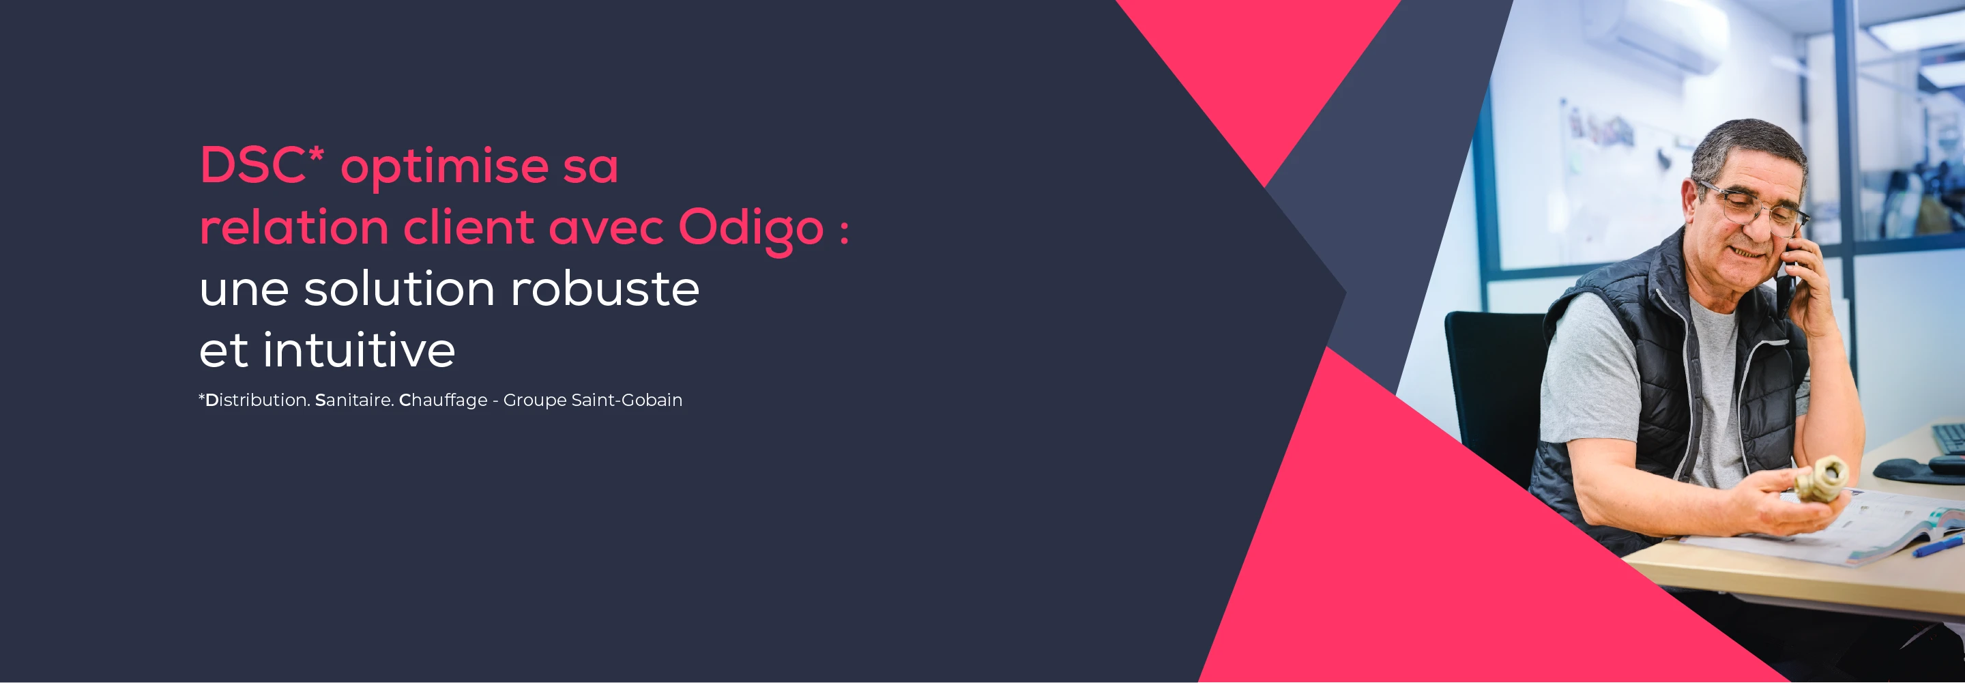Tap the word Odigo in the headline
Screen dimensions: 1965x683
coord(751,230)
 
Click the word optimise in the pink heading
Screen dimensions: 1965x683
coord(444,169)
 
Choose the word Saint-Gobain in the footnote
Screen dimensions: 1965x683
coord(626,400)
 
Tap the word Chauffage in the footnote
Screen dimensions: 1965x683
coord(443,401)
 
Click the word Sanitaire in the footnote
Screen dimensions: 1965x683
coord(355,400)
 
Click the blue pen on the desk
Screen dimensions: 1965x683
coord(1937,546)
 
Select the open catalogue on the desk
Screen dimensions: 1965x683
coord(1831,527)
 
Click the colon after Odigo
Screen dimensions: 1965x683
coord(844,231)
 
